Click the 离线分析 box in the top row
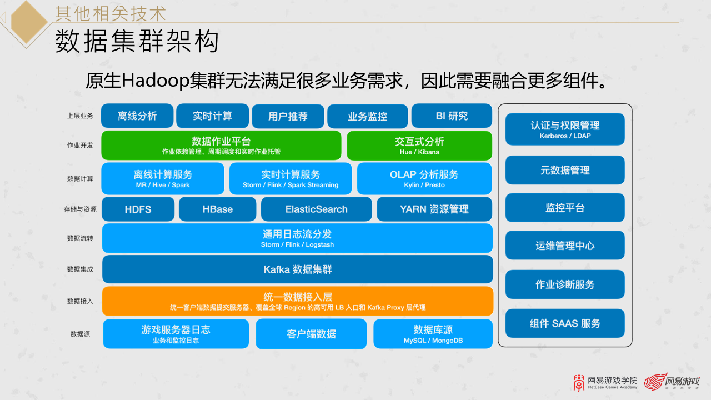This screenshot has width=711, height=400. click(x=137, y=116)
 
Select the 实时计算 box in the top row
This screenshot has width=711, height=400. click(x=212, y=116)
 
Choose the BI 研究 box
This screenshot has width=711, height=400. click(x=452, y=116)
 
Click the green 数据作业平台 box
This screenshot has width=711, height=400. click(x=221, y=146)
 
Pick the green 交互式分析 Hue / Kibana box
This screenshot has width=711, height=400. click(x=419, y=146)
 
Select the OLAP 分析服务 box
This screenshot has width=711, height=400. click(x=424, y=178)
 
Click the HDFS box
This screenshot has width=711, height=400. click(x=138, y=209)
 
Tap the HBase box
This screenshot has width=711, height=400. click(x=218, y=209)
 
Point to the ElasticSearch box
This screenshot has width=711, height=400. click(x=316, y=209)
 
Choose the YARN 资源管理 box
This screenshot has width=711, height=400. click(x=434, y=209)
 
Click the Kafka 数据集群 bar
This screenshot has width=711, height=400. click(x=298, y=269)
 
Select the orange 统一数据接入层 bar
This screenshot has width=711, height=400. click(x=298, y=301)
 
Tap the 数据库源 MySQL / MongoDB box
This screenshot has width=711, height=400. click(x=433, y=334)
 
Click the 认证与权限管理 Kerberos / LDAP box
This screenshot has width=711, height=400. click(x=565, y=129)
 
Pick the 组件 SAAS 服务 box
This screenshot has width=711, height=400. click(x=565, y=323)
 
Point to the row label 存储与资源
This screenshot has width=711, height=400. click(x=80, y=209)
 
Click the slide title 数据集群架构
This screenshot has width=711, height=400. click(x=137, y=42)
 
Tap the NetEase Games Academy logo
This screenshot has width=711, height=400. click(x=605, y=382)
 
